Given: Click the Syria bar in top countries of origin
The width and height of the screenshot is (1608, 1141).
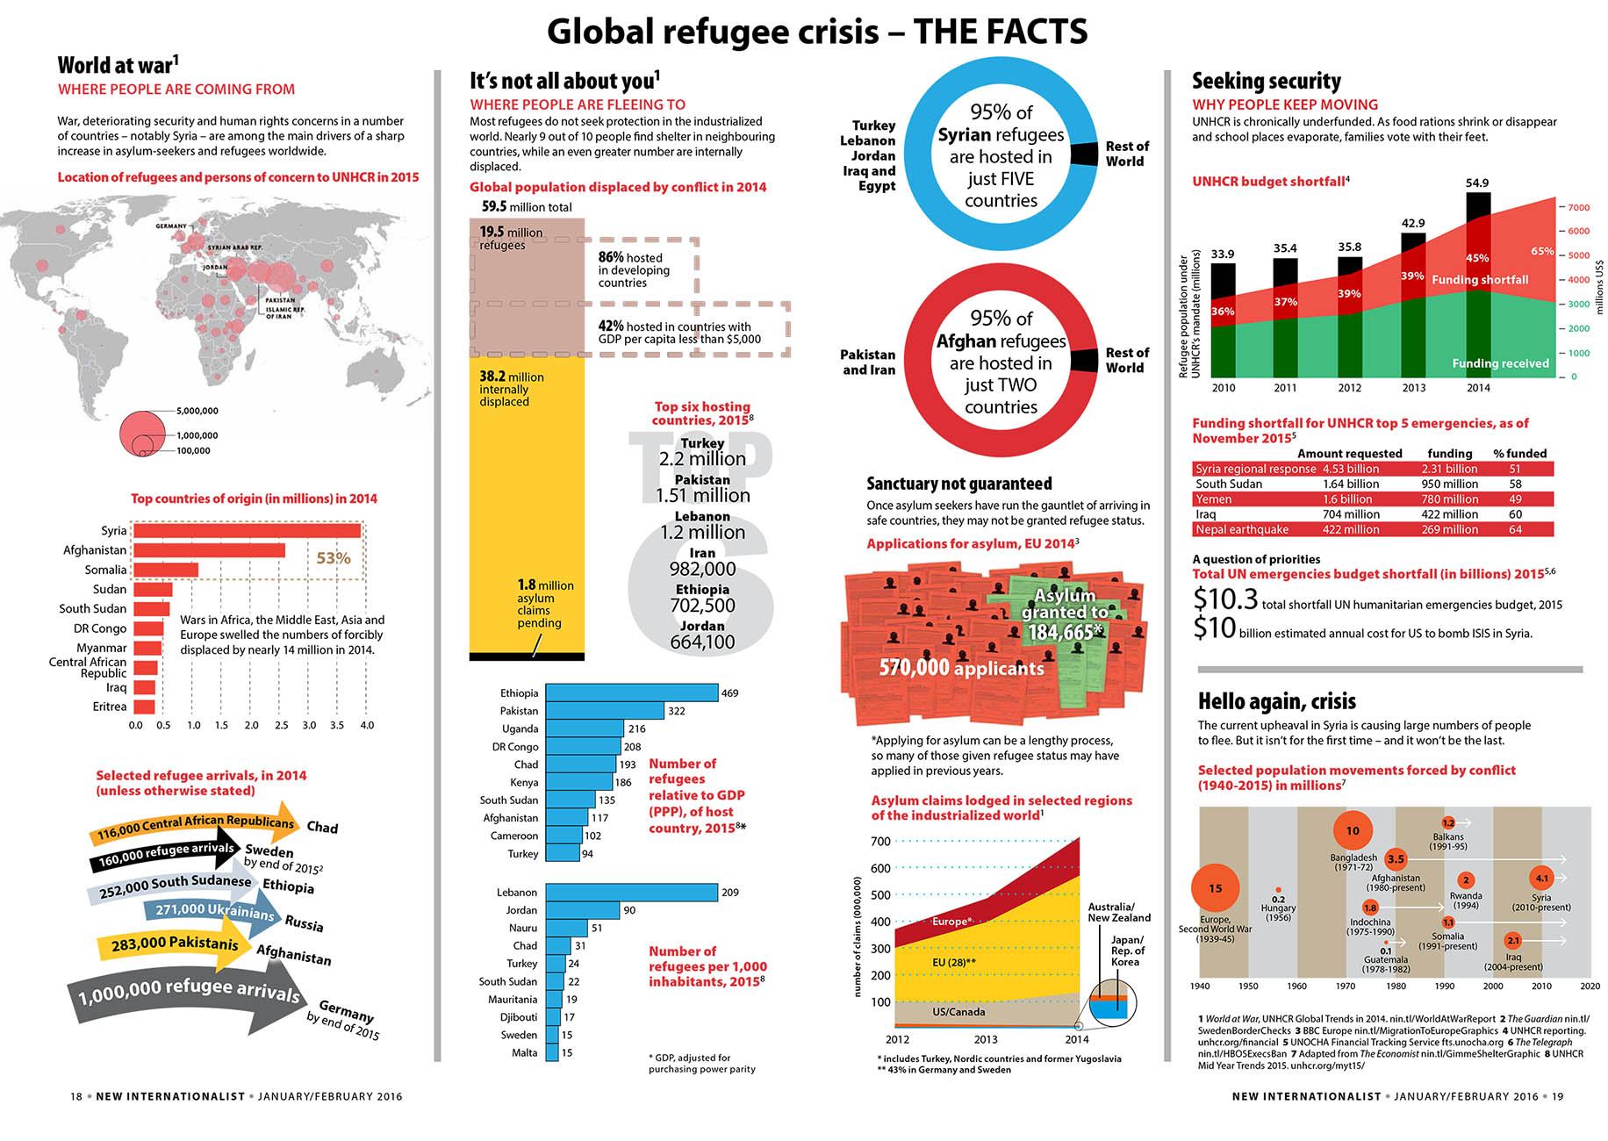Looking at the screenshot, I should click(247, 530).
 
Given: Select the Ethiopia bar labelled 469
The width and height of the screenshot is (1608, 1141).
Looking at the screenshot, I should click(631, 692).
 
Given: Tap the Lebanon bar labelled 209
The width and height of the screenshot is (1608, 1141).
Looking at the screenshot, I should click(631, 892).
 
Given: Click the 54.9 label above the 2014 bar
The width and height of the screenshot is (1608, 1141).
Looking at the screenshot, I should click(1477, 183).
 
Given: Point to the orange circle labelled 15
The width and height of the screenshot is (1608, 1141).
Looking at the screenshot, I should click(1215, 888).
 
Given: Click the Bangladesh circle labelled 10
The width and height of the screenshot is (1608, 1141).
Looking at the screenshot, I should click(1353, 830).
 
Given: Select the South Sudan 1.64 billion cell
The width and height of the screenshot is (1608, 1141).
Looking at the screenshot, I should click(1351, 484).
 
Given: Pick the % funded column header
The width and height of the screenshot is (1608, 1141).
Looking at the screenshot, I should click(1519, 453).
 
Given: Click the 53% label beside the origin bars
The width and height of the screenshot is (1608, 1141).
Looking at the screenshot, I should click(334, 558).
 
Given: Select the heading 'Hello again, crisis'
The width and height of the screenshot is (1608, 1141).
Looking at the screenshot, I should click(1277, 701).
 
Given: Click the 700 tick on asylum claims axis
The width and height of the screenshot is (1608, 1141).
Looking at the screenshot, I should click(880, 841).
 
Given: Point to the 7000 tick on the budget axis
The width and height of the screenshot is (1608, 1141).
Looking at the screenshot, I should click(1578, 207).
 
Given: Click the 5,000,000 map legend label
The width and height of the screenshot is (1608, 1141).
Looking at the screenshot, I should click(197, 411).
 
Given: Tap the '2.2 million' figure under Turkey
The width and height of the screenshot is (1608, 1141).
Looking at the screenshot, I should click(702, 459).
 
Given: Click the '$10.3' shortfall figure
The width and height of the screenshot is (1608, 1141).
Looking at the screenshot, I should click(1225, 599).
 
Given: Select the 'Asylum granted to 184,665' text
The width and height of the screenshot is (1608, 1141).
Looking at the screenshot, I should click(1065, 614).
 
